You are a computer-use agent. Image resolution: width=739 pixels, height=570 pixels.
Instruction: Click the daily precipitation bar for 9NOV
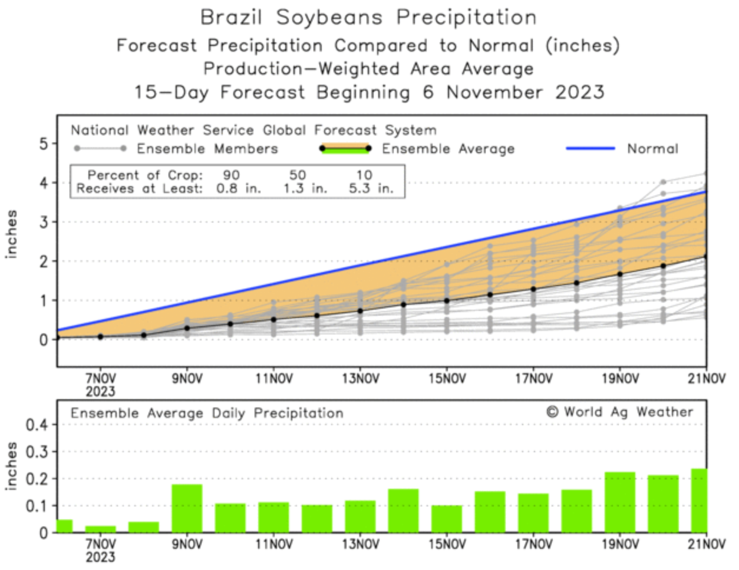tap(187, 508)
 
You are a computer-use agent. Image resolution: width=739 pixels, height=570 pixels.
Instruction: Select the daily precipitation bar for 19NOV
tap(620, 502)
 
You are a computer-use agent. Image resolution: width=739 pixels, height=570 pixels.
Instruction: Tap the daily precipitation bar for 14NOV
tap(403, 511)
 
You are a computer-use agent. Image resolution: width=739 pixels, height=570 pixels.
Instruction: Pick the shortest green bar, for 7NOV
tap(100, 529)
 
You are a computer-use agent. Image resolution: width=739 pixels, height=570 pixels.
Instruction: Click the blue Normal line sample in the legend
tap(590, 148)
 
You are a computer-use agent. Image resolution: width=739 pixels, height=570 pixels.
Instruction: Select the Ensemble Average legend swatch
tap(345, 148)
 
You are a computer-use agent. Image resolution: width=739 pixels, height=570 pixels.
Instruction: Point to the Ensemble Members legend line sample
tap(100, 148)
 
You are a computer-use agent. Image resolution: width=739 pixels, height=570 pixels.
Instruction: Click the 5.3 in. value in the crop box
tap(371, 189)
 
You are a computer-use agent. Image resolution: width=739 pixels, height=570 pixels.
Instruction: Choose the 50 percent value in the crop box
tap(298, 175)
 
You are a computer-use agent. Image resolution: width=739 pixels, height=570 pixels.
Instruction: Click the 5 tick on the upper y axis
tap(44, 144)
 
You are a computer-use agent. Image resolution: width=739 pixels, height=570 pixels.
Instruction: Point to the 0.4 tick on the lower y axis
tap(37, 425)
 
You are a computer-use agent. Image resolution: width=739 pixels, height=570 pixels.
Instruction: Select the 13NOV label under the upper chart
tap(360, 379)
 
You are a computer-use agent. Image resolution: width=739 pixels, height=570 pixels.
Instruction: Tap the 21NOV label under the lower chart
tap(706, 544)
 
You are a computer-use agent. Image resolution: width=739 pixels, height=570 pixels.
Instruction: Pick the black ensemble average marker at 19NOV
tap(620, 274)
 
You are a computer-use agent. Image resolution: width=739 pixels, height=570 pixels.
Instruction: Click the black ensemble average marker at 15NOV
tap(447, 300)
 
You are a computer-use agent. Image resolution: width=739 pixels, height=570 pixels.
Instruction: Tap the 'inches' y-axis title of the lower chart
tap(11, 466)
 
